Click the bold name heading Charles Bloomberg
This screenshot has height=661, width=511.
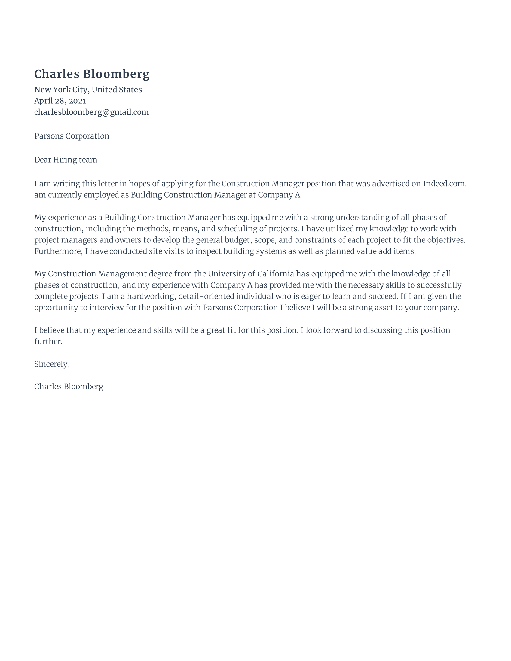[92, 74]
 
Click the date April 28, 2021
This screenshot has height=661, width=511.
[60, 101]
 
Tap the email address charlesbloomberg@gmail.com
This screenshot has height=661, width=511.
[91, 112]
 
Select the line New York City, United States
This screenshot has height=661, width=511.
[88, 90]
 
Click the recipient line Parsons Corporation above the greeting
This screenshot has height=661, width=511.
[72, 136]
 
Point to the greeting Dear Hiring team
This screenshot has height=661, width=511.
[66, 160]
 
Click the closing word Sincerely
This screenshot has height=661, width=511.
[52, 364]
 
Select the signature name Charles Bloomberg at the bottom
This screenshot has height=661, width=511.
[69, 386]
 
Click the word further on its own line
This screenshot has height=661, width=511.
[48, 341]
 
